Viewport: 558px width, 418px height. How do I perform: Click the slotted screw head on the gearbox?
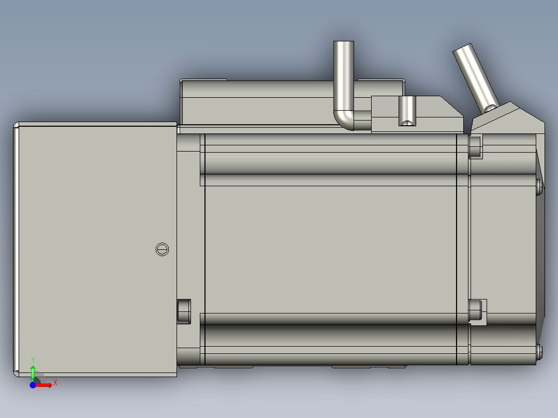point(162,249)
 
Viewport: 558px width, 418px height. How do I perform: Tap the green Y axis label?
point(33,359)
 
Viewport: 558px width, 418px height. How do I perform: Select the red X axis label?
point(55,382)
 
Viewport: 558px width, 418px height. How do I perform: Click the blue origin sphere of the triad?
point(33,385)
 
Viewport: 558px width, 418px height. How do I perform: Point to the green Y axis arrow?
point(33,371)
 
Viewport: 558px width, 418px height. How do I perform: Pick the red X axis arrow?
point(45,385)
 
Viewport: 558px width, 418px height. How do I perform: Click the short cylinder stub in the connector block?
point(407,110)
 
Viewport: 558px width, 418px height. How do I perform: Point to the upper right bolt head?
point(475,147)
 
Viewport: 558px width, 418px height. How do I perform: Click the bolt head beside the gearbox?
point(184,311)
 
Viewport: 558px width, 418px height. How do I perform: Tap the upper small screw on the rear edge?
point(540,186)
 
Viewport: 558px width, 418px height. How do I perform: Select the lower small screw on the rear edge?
point(540,352)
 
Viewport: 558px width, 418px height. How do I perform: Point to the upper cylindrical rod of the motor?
point(331,160)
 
